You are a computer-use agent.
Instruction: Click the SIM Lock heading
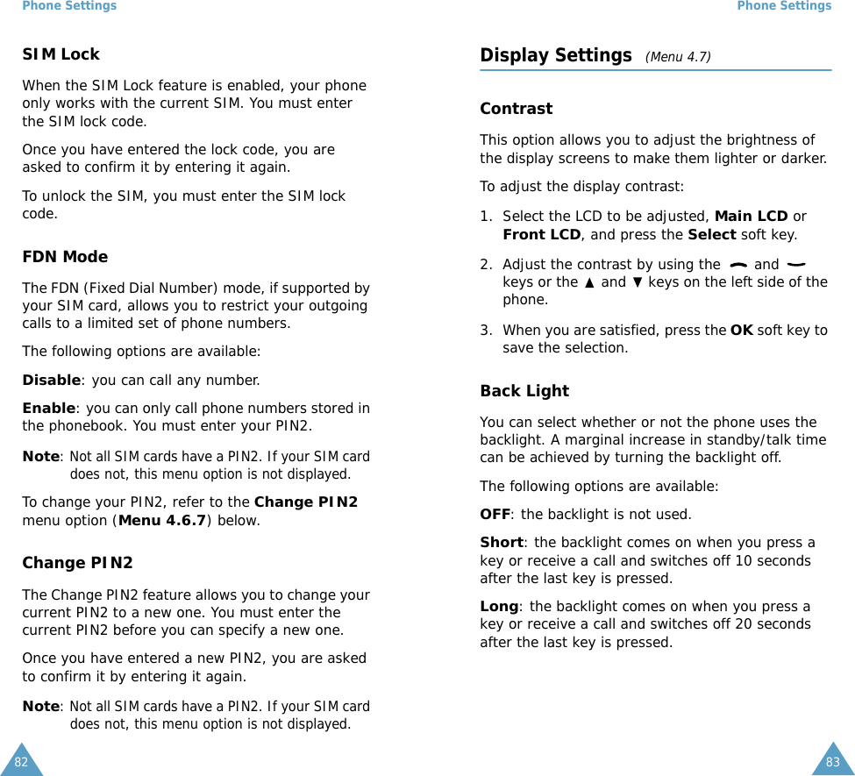point(61,54)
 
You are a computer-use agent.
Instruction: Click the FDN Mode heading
point(65,257)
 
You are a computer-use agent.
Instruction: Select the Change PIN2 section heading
point(77,563)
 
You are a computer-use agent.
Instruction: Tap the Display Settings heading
point(556,56)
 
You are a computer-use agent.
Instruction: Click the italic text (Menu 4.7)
point(678,58)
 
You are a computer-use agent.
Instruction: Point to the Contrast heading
point(516,109)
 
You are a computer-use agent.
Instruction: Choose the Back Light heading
point(524,391)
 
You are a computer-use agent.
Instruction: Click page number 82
point(21,762)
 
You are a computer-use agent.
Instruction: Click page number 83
point(832,762)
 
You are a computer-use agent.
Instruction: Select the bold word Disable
point(51,381)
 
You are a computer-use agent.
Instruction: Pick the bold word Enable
point(48,409)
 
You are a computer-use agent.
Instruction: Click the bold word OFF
point(495,515)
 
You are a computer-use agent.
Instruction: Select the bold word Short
point(501,543)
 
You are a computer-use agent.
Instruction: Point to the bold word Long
point(499,607)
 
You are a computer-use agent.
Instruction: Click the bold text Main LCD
point(751,217)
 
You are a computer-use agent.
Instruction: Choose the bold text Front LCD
point(541,235)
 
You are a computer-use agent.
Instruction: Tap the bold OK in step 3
point(741,331)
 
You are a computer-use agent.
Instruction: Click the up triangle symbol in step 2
point(588,282)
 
